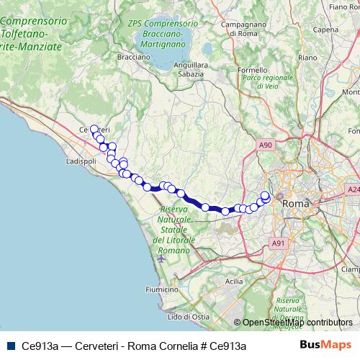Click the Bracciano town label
[x=114, y=55]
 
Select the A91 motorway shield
[x=278, y=244]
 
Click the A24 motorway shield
[x=353, y=189]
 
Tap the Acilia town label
[x=234, y=282]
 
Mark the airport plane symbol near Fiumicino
[x=161, y=257]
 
